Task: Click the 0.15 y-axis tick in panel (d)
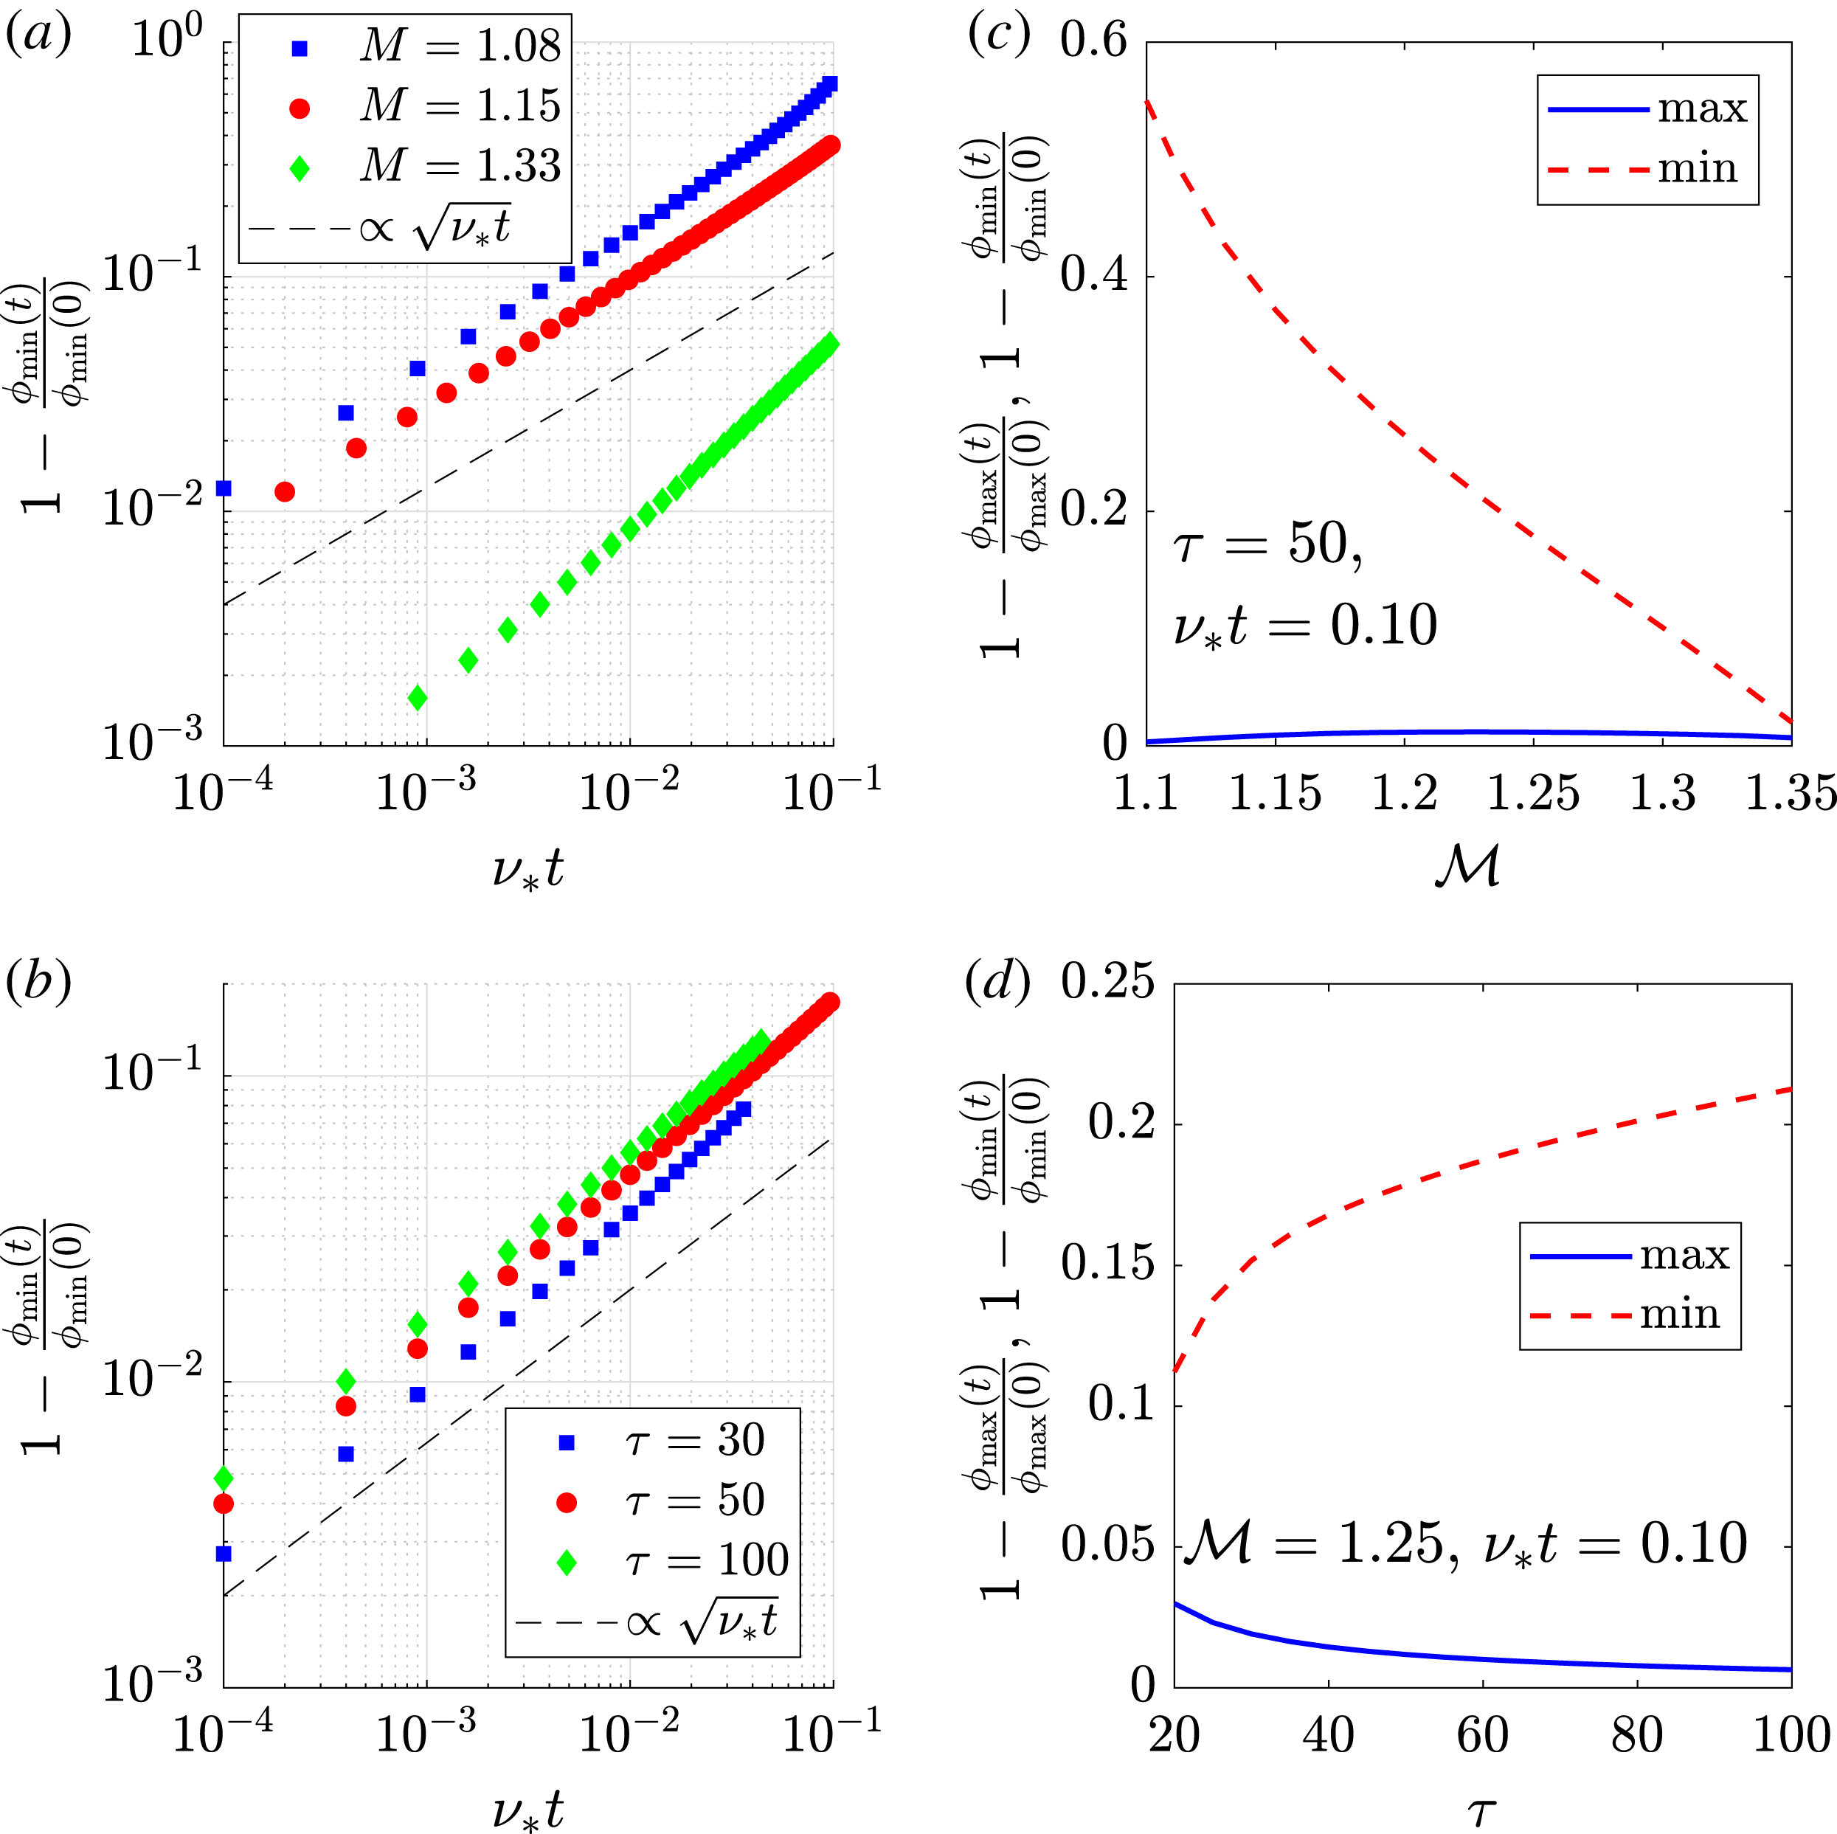point(1107,1264)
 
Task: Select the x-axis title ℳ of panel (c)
point(1467,867)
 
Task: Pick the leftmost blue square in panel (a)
point(224,488)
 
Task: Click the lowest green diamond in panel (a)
point(418,699)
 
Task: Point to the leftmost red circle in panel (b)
point(224,1503)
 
